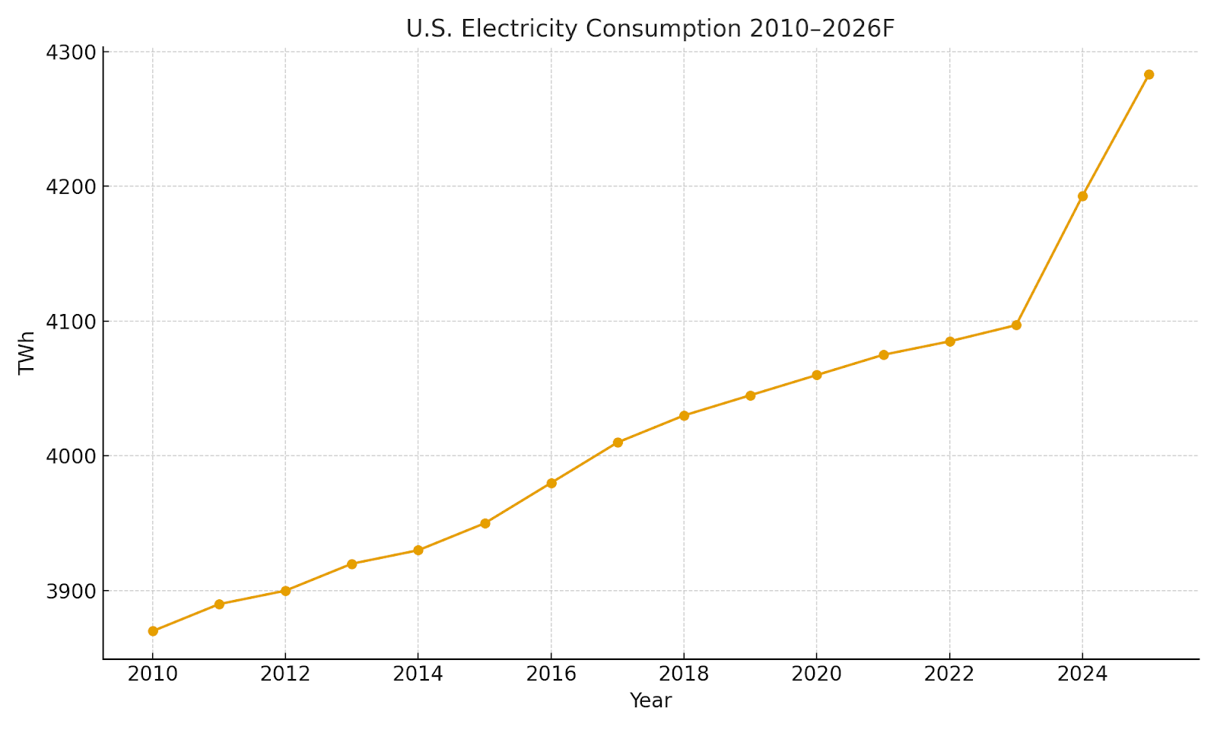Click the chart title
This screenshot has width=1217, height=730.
point(650,28)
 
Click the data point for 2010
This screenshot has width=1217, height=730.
point(153,631)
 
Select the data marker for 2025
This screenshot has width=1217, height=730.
point(1149,75)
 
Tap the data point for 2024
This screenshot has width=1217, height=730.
point(1082,196)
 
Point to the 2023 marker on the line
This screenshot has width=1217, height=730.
point(1016,325)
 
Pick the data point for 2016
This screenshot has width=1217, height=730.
point(551,483)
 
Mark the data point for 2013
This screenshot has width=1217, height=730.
point(352,563)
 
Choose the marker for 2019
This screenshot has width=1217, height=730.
point(751,395)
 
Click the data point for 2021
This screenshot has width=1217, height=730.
point(884,354)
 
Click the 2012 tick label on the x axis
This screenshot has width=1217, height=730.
point(285,674)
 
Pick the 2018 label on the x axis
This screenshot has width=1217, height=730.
point(684,674)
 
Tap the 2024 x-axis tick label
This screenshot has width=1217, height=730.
point(1082,674)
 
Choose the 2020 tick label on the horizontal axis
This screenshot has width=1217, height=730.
point(817,674)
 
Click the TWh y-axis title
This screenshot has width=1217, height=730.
point(27,352)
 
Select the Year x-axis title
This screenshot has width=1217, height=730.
point(650,700)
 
